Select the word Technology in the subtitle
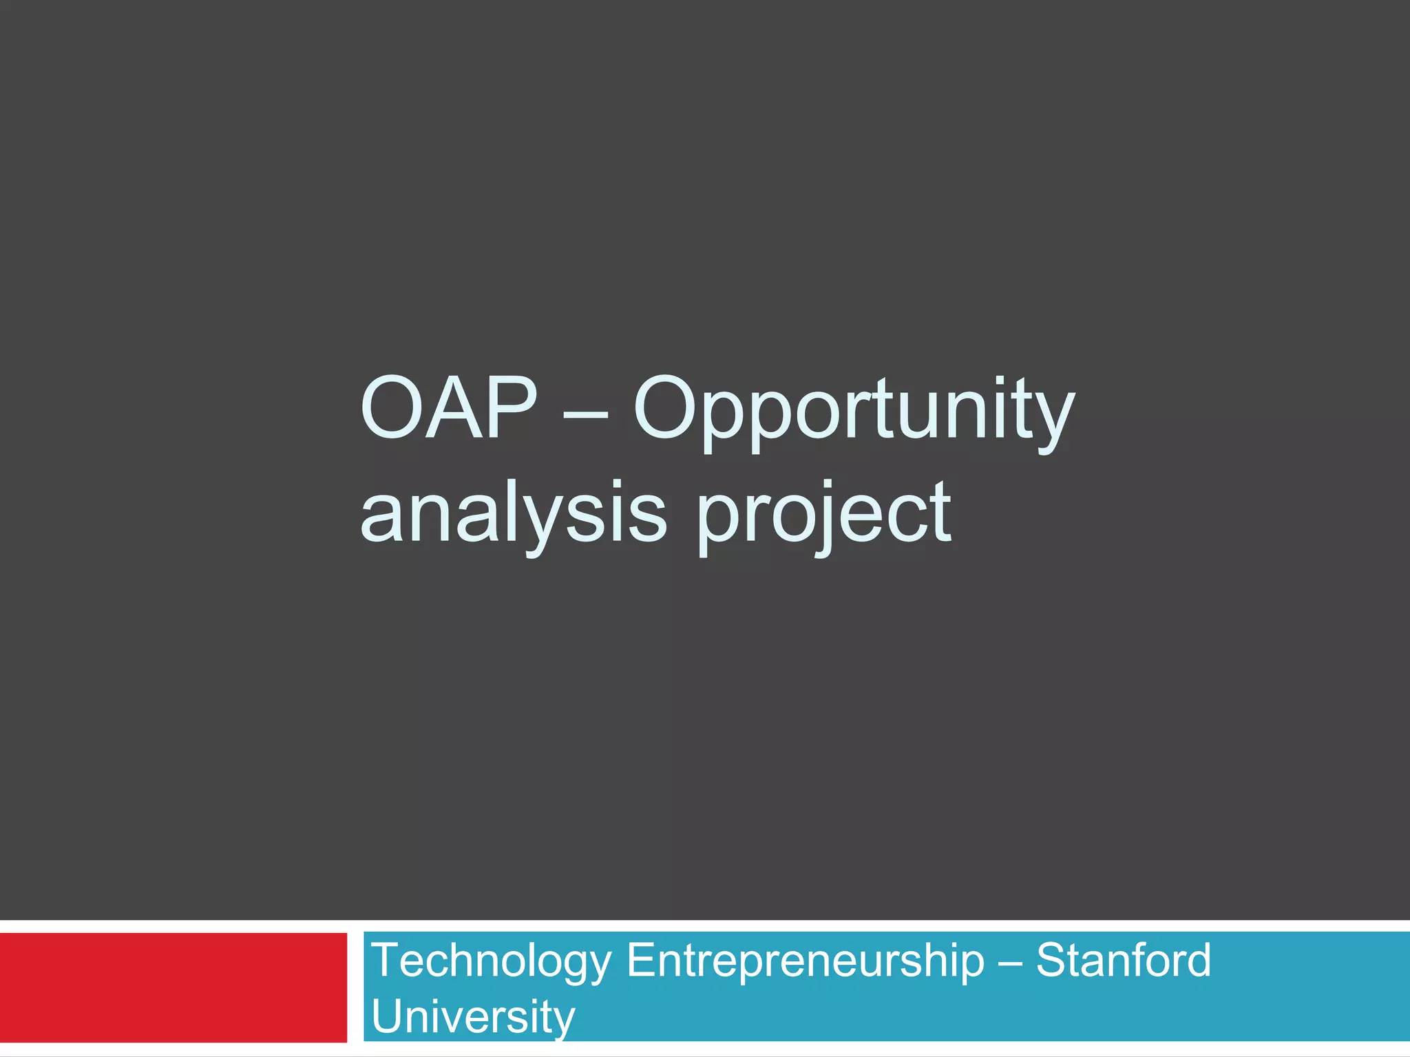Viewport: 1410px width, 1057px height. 491,962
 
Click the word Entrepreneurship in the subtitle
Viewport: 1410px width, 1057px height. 806,962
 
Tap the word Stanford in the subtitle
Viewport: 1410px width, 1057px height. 1124,961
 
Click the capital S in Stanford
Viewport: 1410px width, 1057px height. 1053,961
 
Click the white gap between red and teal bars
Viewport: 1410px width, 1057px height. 355,987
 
